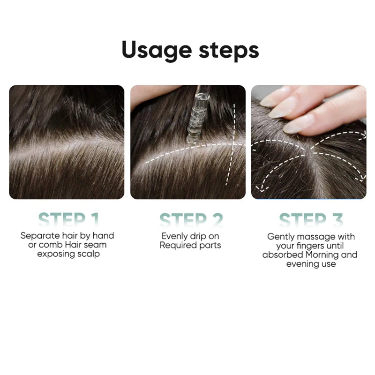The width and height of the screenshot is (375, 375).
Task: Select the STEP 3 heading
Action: [x=311, y=219]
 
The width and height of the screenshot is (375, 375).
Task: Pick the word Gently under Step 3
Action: [x=281, y=237]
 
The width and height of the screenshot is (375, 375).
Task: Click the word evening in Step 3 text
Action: [x=301, y=264]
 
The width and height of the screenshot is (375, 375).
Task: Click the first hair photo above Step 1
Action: [x=67, y=142]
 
